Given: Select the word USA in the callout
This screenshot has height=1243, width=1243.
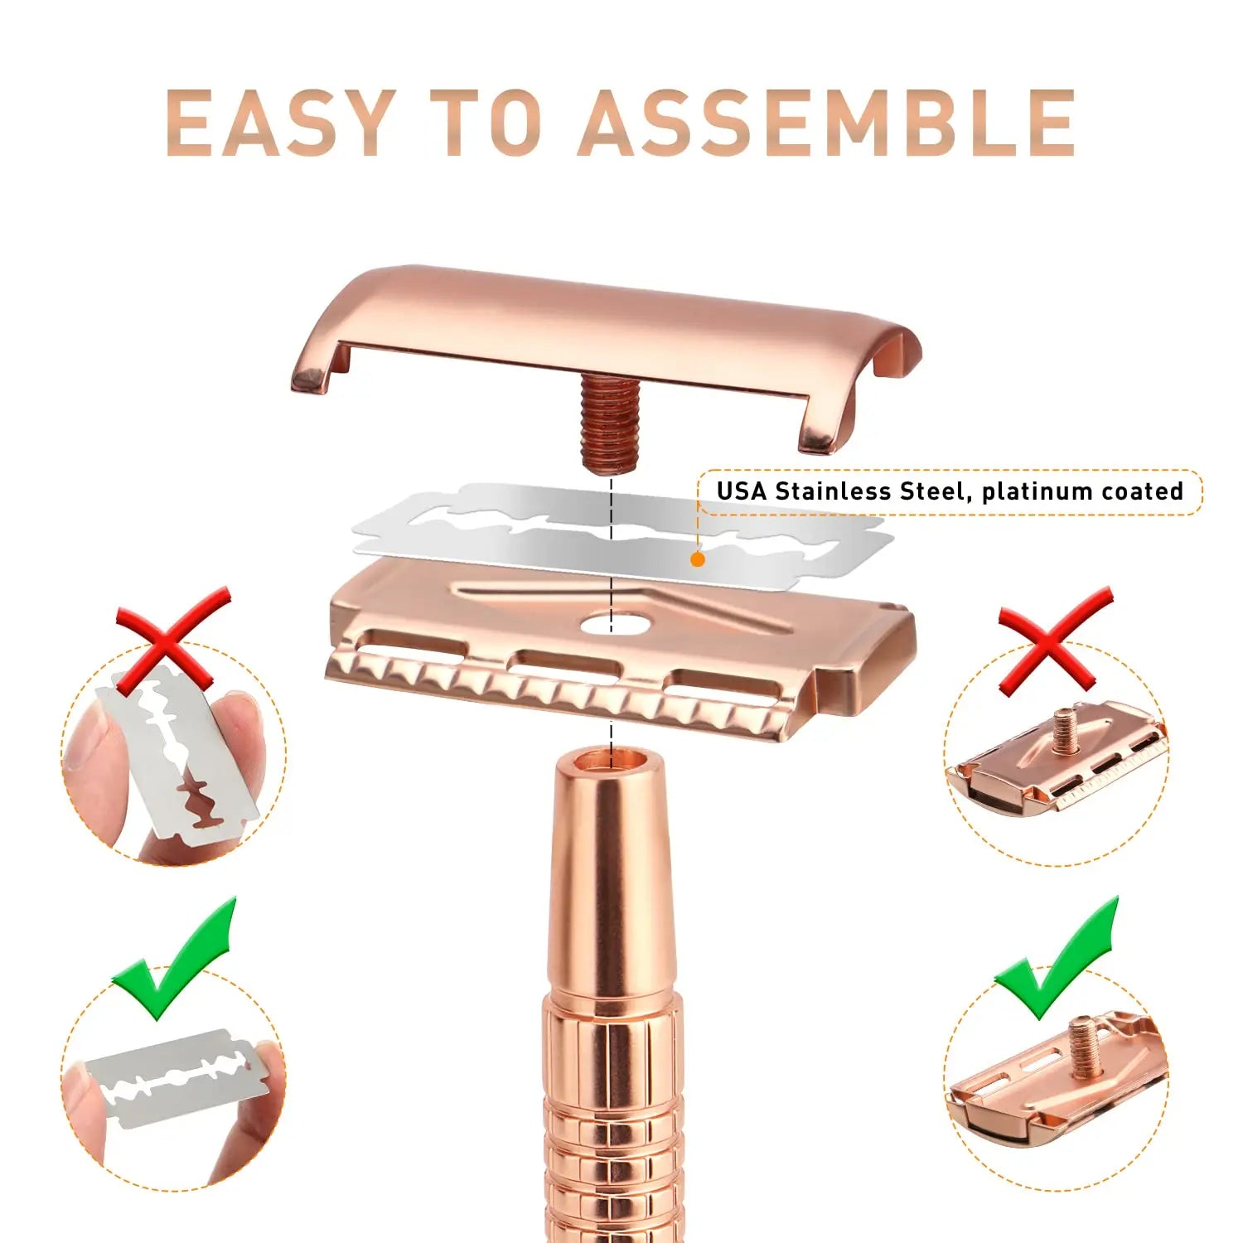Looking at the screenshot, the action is (x=742, y=491).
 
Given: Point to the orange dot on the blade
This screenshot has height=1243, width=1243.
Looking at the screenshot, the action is (x=698, y=559).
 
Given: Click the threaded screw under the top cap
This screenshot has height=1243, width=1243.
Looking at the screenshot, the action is (x=610, y=422).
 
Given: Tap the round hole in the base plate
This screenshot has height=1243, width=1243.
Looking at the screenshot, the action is (x=611, y=623).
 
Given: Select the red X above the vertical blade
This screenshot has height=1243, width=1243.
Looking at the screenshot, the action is (x=172, y=640).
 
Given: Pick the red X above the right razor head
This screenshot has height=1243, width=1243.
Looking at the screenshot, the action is (x=1055, y=640).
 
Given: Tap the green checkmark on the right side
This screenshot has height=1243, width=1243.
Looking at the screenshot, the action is (x=1057, y=959).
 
